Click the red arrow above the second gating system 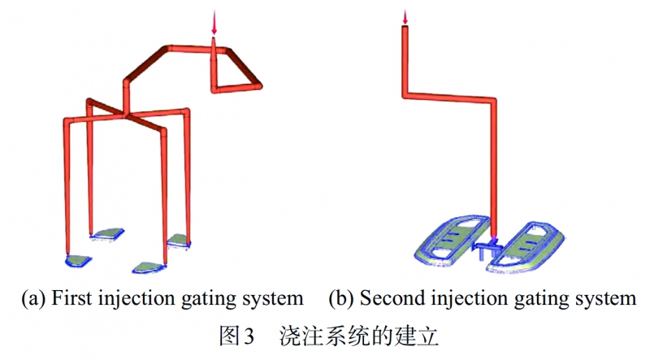(404, 15)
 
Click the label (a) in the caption (33, 298)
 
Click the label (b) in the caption (341, 298)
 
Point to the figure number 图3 (238, 333)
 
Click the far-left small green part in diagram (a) (79, 260)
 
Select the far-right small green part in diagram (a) (179, 239)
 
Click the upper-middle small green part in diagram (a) (107, 234)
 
